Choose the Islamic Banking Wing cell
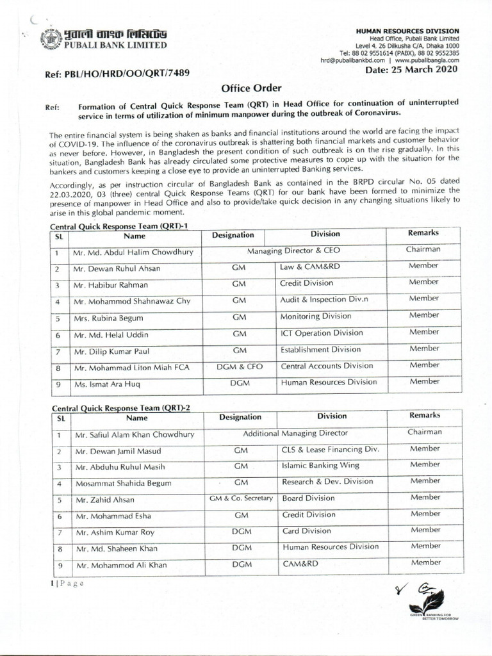[320, 465]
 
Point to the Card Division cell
[308, 531]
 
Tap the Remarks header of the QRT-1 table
[425, 234]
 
